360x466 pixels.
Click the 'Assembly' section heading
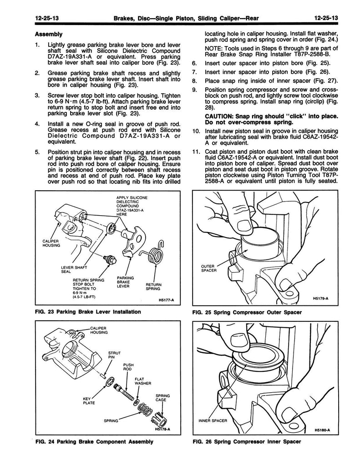(x=48, y=34)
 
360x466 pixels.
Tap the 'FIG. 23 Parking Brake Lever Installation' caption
(x=88, y=312)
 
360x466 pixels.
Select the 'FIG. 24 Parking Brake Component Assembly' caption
(x=94, y=441)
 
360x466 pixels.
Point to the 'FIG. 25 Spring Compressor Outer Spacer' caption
(x=247, y=312)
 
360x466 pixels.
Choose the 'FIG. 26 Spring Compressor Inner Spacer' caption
(x=247, y=442)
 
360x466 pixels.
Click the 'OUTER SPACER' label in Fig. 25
(x=209, y=268)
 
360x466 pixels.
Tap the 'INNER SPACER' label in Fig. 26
(x=213, y=420)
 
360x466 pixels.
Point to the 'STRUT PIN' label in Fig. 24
(x=114, y=355)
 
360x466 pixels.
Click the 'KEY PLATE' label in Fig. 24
(x=89, y=401)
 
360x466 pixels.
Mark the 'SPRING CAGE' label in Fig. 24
(x=163, y=398)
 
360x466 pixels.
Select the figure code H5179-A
(x=321, y=299)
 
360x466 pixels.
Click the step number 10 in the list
(x=196, y=132)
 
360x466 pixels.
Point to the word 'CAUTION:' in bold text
(x=217, y=116)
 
